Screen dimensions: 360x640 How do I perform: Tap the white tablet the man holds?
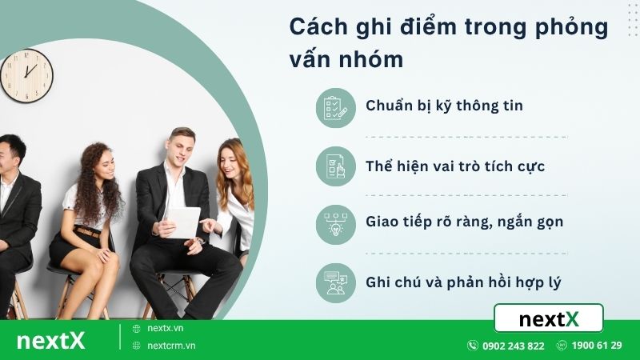pos(182,222)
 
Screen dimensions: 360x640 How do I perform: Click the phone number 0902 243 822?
pos(513,346)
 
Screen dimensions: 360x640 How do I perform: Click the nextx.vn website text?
pos(166,329)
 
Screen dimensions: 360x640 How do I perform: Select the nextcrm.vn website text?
pos(171,346)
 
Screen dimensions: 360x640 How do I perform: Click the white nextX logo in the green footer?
pos(50,341)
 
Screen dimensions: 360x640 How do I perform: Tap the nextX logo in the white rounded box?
pos(549,318)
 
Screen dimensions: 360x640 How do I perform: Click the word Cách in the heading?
pos(316,26)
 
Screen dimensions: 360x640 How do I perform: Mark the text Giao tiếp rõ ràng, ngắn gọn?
pos(464,222)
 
